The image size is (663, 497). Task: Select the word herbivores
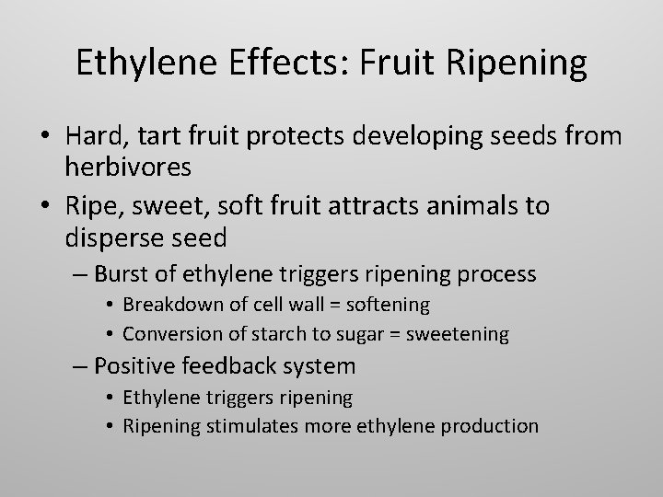(x=128, y=168)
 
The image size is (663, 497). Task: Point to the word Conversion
(x=169, y=333)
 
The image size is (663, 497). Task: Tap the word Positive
(x=135, y=365)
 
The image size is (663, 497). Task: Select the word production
(x=491, y=425)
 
